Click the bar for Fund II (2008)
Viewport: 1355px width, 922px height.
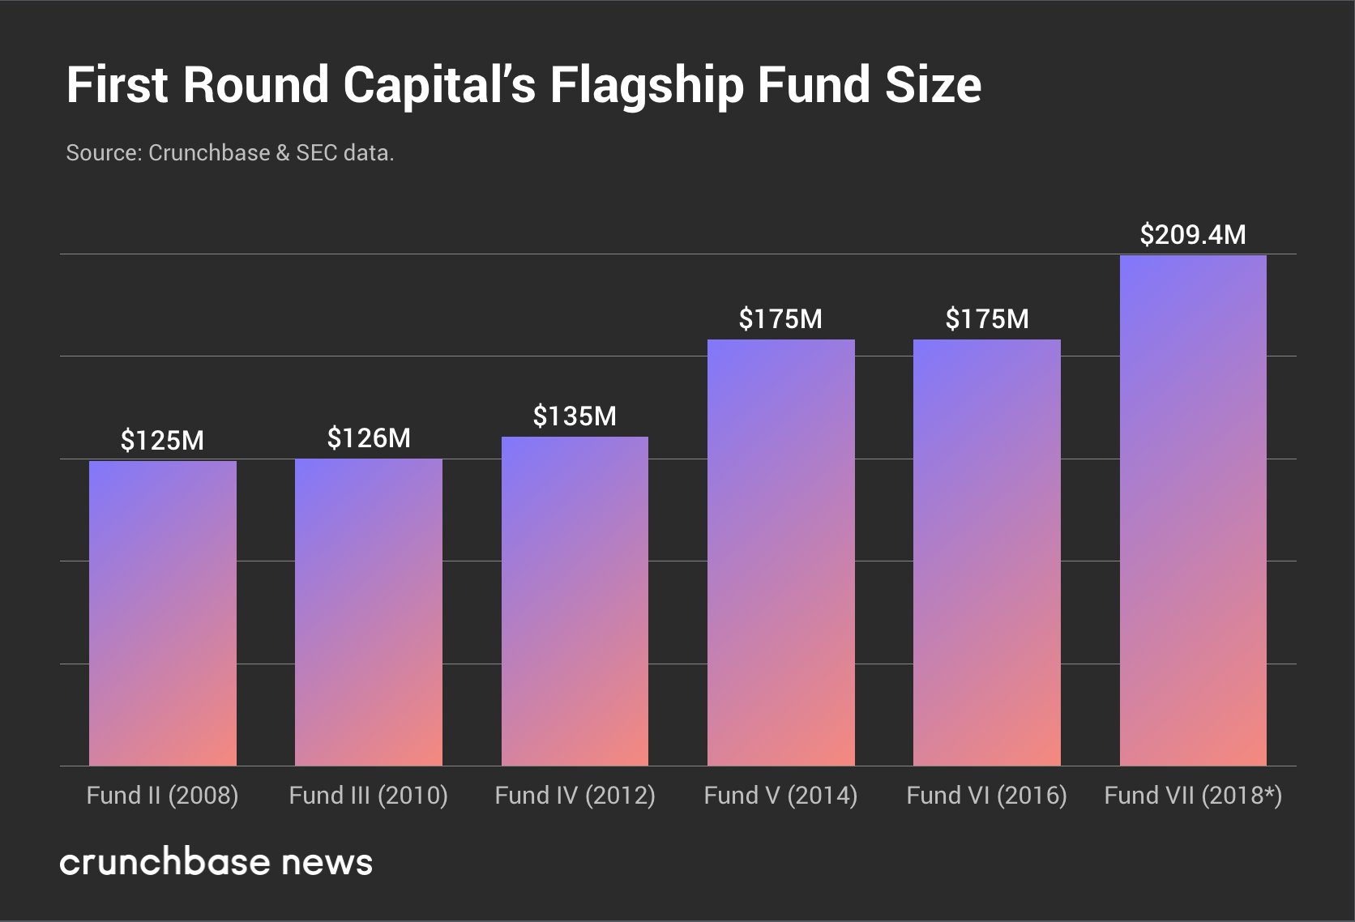click(x=162, y=613)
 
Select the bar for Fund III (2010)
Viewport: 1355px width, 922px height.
click(x=368, y=613)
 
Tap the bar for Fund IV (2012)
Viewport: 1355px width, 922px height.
click(x=575, y=601)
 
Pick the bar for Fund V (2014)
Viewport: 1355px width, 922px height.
click(x=780, y=553)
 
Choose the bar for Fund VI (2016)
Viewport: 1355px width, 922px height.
click(x=986, y=553)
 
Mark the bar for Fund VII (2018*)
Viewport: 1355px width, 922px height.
click(x=1192, y=510)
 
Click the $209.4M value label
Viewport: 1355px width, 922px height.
click(x=1192, y=235)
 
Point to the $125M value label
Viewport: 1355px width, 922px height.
click(x=162, y=441)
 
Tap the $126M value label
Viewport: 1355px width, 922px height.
click(x=369, y=438)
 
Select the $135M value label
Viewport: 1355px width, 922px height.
click(x=575, y=416)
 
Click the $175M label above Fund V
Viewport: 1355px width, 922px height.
click(x=780, y=319)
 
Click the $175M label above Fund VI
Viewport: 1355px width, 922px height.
click(x=986, y=319)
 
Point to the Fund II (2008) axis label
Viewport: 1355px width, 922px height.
click(x=162, y=796)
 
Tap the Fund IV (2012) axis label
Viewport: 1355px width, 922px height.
click(x=575, y=796)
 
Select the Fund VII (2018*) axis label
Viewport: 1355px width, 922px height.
click(x=1192, y=796)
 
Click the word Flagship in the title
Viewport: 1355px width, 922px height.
click(x=646, y=86)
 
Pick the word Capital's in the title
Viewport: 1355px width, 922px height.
click(x=438, y=86)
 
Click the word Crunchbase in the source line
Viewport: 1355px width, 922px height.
click(x=209, y=153)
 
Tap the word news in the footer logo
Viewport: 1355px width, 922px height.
click(x=327, y=863)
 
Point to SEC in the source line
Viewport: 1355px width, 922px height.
click(x=316, y=153)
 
